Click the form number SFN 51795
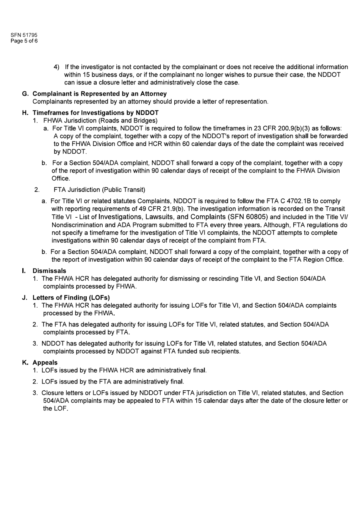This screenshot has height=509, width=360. click(x=24, y=35)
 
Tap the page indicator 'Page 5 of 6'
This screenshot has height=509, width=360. click(x=24, y=41)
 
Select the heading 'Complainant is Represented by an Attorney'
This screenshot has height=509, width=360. click(x=100, y=94)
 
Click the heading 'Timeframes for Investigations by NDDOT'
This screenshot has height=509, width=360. click(x=95, y=113)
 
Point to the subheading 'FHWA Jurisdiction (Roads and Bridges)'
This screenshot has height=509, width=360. click(x=100, y=121)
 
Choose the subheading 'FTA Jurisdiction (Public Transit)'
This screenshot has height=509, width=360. click(x=99, y=190)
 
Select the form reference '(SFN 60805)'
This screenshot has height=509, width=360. click(x=248, y=217)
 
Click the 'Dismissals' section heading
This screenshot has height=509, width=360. click(x=49, y=271)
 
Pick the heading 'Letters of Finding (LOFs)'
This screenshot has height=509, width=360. click(x=71, y=298)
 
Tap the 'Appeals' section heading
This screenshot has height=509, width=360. click(x=45, y=363)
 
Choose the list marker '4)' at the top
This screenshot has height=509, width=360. click(x=56, y=67)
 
